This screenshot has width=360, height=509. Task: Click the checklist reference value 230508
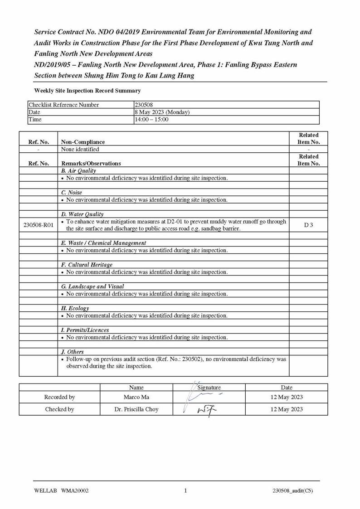pos(144,105)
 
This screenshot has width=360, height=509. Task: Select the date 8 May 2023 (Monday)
pos(162,112)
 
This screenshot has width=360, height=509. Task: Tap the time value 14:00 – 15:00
pos(151,119)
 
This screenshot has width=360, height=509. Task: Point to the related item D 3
pos(308,225)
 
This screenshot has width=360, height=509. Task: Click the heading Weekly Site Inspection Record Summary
pos(87,91)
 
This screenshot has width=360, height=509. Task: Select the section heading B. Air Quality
pos(78,171)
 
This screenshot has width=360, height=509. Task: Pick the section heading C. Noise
pos(72,193)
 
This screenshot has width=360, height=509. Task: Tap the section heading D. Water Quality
pos(82,214)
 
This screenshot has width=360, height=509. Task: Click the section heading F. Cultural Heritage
pos(87,265)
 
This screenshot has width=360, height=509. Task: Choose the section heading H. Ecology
pos(75,308)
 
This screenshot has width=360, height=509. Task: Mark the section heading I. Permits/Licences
pos(85,330)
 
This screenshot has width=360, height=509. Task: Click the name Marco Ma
pos(136,397)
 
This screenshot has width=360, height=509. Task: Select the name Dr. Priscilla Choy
pos(136,409)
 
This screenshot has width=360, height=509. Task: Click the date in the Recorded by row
pos(287,397)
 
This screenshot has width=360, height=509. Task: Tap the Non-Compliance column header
pos(83,142)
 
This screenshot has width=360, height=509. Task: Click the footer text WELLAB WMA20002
pos(61,490)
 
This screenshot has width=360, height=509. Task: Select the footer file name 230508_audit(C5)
pos(292,490)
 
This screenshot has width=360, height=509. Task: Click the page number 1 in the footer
pos(185,490)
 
